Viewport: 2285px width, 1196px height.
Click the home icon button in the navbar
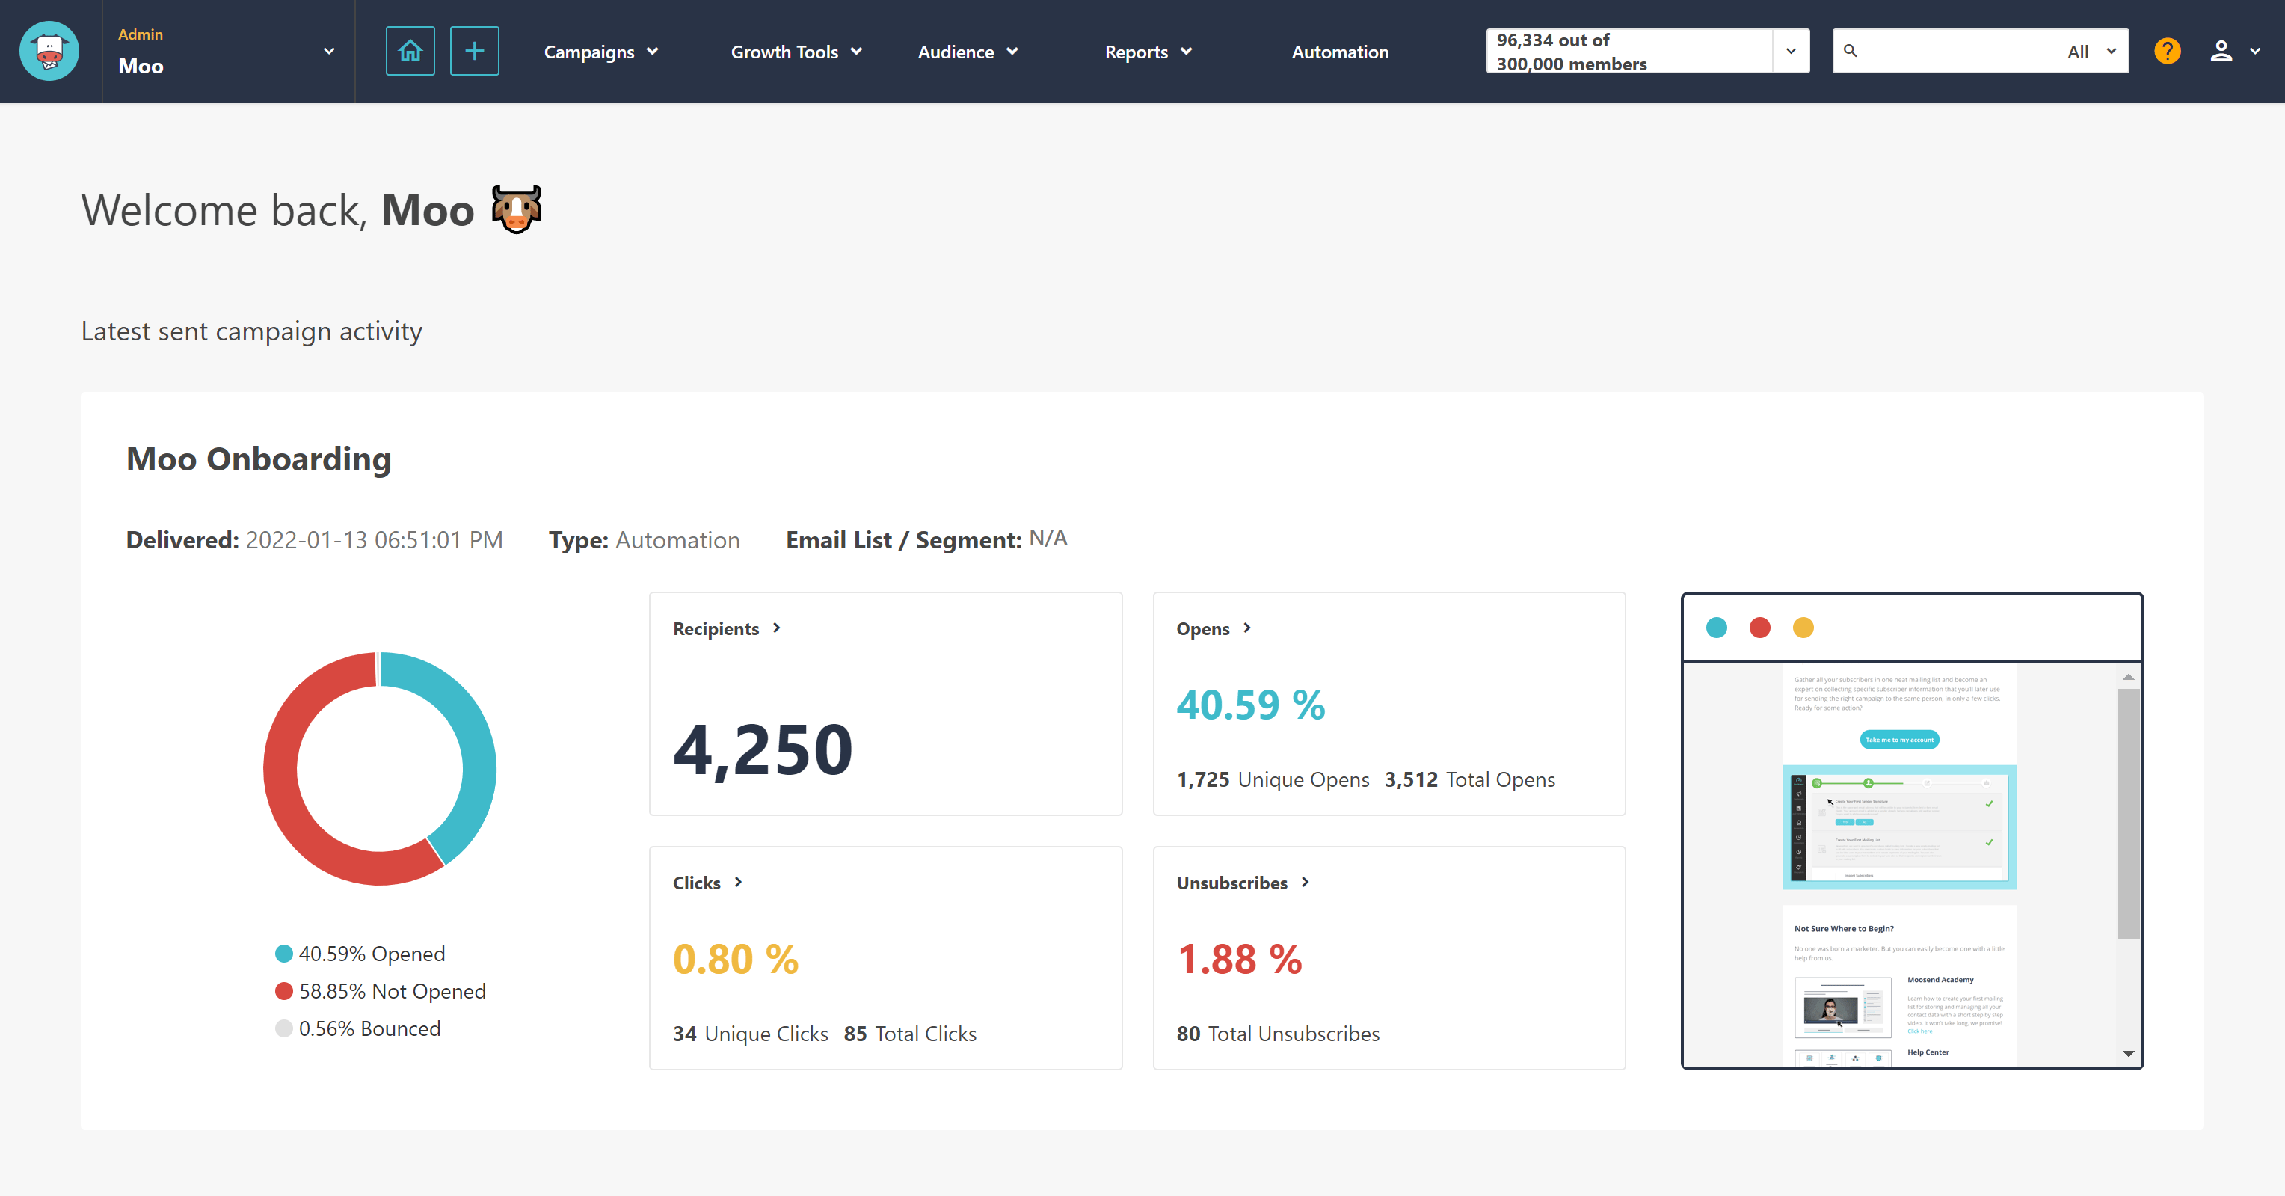click(x=410, y=52)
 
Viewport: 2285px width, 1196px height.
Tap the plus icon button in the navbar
click(x=475, y=52)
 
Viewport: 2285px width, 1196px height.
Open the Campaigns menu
click(x=600, y=52)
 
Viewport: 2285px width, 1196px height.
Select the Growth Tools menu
click(x=796, y=52)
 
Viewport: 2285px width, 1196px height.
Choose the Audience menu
click(x=967, y=52)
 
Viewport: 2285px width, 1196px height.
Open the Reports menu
click(x=1148, y=52)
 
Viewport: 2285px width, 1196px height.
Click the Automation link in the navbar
click(x=1339, y=52)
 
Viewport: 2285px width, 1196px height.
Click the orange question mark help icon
click(x=2167, y=52)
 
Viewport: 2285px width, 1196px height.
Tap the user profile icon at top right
click(x=2220, y=52)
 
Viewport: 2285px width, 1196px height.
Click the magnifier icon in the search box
click(x=1851, y=51)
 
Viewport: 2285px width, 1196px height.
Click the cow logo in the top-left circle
click(x=49, y=52)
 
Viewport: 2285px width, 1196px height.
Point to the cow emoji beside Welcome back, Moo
click(x=516, y=210)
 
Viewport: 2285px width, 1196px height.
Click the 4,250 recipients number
click(x=763, y=749)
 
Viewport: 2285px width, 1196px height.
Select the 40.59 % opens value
click(x=1250, y=705)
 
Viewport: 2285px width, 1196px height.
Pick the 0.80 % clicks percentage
click(x=735, y=959)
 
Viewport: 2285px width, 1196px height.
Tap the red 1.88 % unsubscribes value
click(x=1239, y=959)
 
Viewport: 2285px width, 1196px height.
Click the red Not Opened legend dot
click(x=284, y=991)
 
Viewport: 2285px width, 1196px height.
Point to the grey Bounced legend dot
click(x=284, y=1028)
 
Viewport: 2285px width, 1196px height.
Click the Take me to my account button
click(x=1899, y=739)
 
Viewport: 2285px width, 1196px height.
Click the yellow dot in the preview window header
click(x=1803, y=628)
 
